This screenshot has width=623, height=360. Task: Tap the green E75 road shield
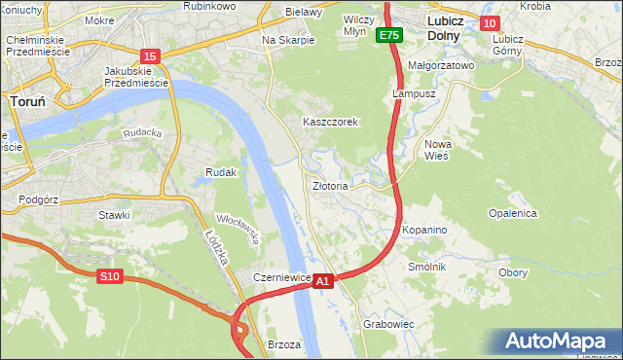click(389, 36)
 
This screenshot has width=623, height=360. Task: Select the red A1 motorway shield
click(324, 280)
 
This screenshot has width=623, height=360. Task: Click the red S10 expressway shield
click(109, 277)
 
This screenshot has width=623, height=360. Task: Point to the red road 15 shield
click(149, 57)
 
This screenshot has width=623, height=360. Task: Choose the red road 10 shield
click(490, 23)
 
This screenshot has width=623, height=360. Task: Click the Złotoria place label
click(330, 185)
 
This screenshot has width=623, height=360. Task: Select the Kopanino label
click(424, 230)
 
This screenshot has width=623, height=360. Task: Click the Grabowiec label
click(389, 324)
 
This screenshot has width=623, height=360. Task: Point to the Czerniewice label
click(281, 277)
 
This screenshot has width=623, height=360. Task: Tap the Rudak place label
click(221, 172)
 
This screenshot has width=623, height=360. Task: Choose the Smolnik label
click(427, 267)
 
